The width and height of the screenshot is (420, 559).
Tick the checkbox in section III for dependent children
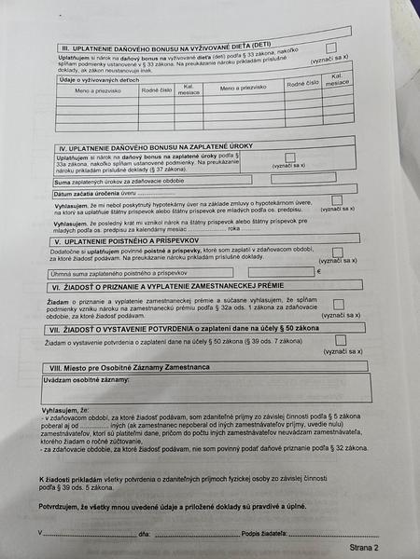click(x=329, y=47)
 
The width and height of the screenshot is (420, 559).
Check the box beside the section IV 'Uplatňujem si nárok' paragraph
click(x=289, y=157)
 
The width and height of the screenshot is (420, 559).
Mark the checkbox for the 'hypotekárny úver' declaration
click(x=336, y=200)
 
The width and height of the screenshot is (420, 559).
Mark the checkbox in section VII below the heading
click(x=340, y=341)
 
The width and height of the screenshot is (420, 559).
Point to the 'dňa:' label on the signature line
click(x=145, y=534)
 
